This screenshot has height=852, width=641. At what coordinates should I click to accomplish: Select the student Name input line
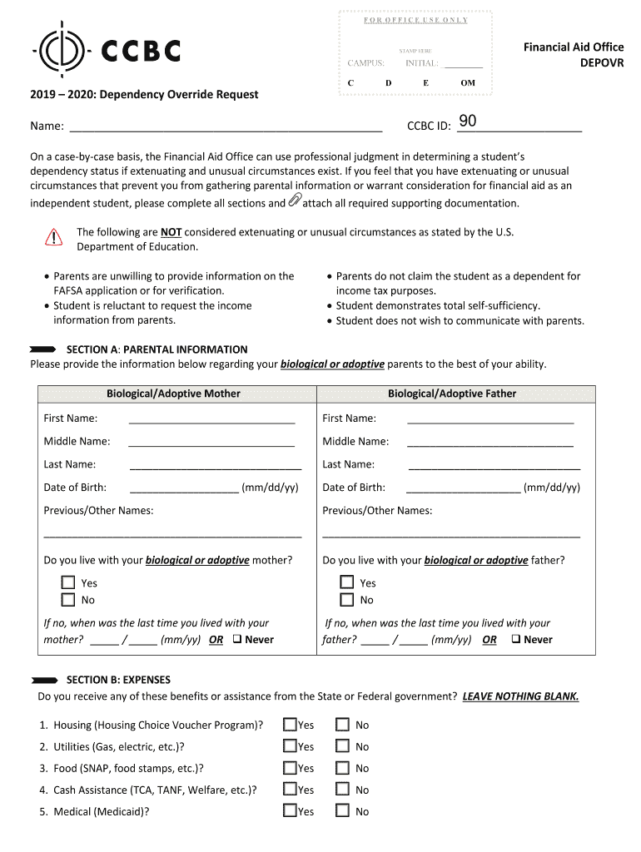(x=226, y=126)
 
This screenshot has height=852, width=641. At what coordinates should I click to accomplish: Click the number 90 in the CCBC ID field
(x=468, y=121)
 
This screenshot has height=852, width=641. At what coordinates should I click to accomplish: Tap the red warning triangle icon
(x=54, y=237)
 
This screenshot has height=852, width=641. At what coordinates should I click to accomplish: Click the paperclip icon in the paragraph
(x=295, y=201)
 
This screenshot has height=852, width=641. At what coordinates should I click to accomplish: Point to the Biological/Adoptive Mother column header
(x=173, y=394)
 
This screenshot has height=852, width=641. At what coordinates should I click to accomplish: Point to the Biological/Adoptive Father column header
(x=452, y=394)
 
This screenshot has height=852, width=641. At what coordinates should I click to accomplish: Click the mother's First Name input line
(x=212, y=419)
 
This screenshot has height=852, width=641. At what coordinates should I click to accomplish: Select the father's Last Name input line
(x=494, y=465)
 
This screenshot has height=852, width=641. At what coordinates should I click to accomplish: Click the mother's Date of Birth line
(x=184, y=488)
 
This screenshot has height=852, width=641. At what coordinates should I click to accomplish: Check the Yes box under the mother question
(x=68, y=583)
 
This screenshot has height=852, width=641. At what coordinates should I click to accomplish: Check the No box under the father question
(x=347, y=600)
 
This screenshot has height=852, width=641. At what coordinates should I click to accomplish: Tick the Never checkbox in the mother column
(x=237, y=640)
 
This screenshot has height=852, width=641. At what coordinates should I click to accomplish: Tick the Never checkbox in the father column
(x=516, y=640)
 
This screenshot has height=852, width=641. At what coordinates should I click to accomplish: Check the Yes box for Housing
(x=290, y=725)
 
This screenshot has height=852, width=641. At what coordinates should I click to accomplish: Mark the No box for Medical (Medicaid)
(x=342, y=811)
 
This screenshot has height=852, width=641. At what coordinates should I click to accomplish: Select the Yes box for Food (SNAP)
(x=290, y=768)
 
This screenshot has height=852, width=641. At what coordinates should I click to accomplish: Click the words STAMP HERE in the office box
(x=415, y=51)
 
